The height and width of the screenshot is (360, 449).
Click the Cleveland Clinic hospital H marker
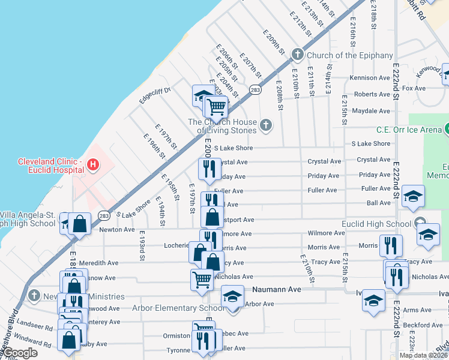pos(92,163)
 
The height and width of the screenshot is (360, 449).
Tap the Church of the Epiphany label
pos(350,55)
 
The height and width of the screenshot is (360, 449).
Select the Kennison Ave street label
pos(370,78)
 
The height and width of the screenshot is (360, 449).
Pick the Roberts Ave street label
pos(372,94)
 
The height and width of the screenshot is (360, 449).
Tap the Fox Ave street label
pos(414,88)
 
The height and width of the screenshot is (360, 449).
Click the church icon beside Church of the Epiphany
pos(297,55)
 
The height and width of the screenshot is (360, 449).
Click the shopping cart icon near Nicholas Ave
pos(202,278)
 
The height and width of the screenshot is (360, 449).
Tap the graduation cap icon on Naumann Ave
pos(233,296)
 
